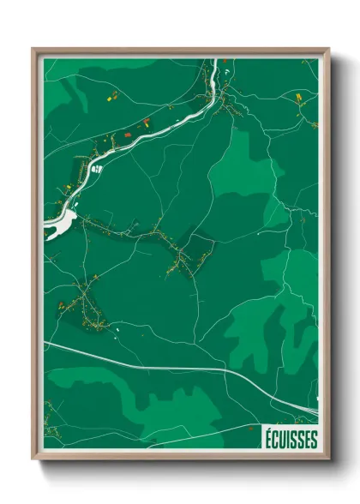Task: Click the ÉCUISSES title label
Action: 290,439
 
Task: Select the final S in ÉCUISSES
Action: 313,439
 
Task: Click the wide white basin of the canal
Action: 60,225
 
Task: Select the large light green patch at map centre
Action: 244,171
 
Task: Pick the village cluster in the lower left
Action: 86,304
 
